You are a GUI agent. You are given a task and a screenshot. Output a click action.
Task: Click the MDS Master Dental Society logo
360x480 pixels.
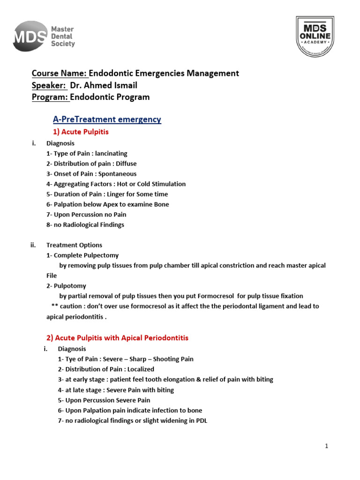point(44,37)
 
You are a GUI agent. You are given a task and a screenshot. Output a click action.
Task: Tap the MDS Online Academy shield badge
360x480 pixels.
point(315,36)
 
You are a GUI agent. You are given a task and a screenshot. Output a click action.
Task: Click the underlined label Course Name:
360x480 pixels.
point(59,73)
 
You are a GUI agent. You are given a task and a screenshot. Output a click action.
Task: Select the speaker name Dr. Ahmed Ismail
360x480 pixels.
point(110,85)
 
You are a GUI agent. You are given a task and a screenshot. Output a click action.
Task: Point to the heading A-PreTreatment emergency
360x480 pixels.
point(107,120)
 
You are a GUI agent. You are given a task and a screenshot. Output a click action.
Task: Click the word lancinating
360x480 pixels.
point(111,153)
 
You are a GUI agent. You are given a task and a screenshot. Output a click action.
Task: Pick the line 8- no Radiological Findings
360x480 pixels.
point(85,225)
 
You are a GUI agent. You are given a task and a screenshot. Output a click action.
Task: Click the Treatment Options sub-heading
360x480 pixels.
point(74,245)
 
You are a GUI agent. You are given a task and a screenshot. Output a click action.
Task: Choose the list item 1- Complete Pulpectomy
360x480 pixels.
point(82,255)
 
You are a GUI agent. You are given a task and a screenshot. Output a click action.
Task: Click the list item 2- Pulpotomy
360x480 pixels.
point(66,285)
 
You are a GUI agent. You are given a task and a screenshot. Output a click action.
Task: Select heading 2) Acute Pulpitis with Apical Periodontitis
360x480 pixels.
point(117,337)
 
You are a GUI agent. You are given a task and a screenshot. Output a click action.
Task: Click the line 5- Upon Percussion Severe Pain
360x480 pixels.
point(104,400)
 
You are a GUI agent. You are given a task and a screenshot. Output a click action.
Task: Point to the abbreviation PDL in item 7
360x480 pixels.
point(201,420)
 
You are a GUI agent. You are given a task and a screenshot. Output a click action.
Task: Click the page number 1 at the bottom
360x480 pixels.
point(326,446)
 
